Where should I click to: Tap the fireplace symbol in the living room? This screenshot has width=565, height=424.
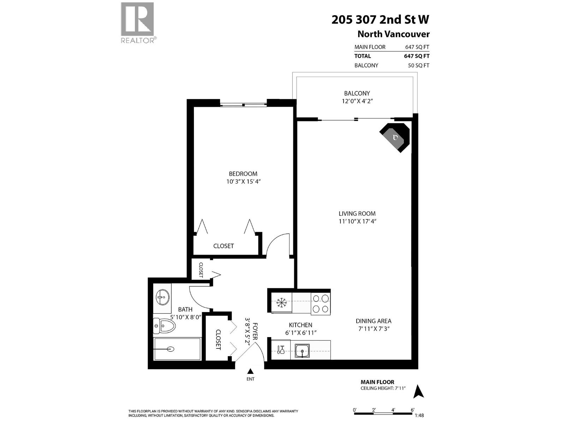click(395, 137)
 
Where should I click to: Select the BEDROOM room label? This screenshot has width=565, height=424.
click(243, 173)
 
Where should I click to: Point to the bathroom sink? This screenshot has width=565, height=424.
click(162, 298)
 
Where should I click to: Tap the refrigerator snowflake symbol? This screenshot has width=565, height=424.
click(281, 302)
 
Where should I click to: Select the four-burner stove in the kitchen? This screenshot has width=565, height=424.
click(321, 304)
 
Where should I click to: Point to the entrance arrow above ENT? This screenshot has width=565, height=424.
click(250, 371)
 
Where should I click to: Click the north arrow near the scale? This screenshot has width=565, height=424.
click(419, 391)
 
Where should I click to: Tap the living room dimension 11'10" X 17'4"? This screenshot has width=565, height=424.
click(357, 222)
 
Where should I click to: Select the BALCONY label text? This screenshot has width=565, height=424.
click(357, 93)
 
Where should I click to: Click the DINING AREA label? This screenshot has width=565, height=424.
click(373, 321)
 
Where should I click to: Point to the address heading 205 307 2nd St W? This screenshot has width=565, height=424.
click(380, 19)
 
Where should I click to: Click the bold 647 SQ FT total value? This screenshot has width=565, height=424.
click(417, 56)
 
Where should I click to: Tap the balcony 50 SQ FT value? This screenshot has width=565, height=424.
click(418, 65)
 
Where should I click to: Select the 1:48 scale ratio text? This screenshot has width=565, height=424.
click(419, 416)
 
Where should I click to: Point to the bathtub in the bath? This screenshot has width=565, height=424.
click(178, 349)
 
